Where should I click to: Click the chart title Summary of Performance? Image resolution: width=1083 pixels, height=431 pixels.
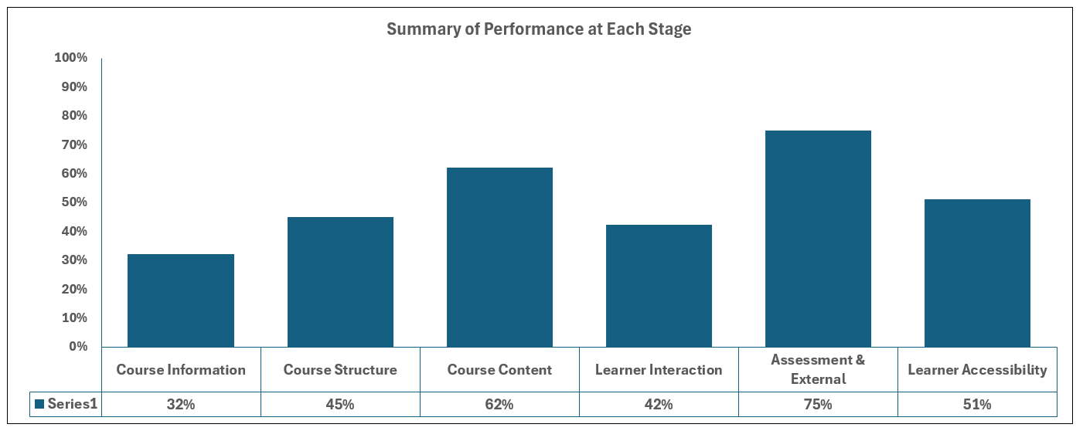pos(539,30)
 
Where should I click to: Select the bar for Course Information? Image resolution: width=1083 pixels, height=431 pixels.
pos(181,300)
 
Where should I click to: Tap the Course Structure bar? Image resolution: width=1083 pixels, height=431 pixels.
pos(340,282)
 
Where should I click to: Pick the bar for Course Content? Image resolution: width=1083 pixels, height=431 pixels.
pos(499,257)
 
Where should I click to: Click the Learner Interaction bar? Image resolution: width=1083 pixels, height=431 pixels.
pos(659,286)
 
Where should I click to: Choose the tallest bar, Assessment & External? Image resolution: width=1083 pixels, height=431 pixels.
pos(818,239)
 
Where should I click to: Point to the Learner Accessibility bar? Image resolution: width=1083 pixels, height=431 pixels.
pos(977,273)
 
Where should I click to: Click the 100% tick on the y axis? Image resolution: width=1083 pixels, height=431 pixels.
pos(71,58)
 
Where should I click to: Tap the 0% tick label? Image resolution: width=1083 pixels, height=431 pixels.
pos(77,347)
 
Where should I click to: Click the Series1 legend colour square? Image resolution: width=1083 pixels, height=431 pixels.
pos(39,404)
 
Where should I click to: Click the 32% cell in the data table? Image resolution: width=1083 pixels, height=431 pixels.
pos(181,404)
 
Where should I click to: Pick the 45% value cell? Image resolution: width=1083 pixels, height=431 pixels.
pos(340,404)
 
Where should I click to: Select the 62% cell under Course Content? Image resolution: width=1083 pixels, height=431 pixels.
pos(499,404)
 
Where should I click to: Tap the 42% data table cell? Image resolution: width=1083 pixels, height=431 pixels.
pos(659,404)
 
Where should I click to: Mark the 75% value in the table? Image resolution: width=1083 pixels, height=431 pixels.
pos(818,404)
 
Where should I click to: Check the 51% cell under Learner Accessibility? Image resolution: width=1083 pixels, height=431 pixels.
pos(977,404)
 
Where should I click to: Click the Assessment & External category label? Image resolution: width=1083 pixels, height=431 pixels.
pos(818,369)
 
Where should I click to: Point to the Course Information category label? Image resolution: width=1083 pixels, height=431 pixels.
pos(181,370)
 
